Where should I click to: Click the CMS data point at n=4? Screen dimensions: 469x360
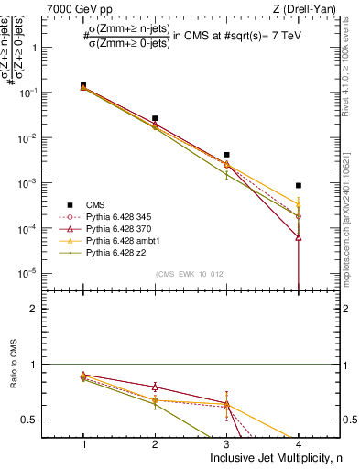pos(299,185)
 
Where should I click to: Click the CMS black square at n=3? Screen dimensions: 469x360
pos(226,155)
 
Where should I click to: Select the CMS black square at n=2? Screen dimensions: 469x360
pos(155,118)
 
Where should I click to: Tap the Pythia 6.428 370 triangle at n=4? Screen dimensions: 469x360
pos(299,237)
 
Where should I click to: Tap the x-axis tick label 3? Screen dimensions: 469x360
pos(226,444)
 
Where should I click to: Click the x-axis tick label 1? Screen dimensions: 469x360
pos(83,444)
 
